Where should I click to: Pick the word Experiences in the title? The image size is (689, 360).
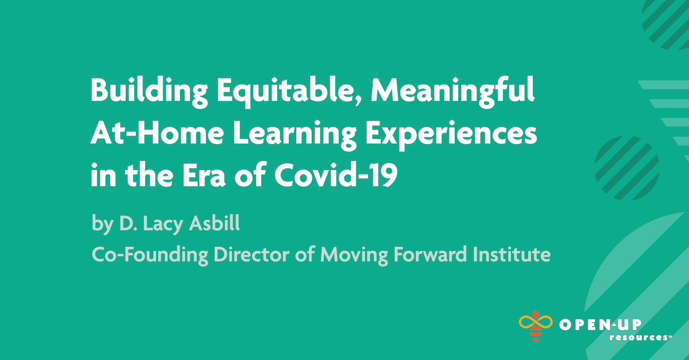tap(453, 136)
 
